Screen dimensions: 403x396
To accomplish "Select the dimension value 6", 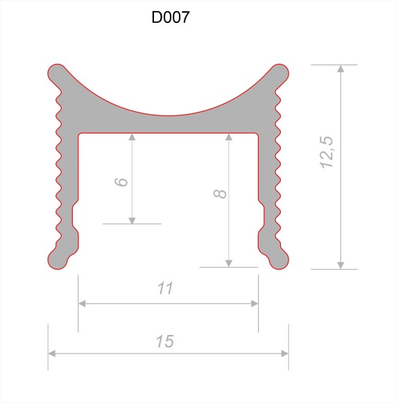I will (121, 181).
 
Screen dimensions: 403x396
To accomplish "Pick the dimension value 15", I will (164, 341).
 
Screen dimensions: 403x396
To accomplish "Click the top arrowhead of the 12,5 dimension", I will (340, 69).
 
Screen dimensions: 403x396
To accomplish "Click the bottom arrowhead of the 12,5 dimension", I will (340, 264).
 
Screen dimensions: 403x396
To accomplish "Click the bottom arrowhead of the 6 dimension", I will (132, 220).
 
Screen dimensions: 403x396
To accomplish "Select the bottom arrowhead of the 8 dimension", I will (228, 262).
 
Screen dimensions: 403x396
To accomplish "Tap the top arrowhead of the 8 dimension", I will (228, 136).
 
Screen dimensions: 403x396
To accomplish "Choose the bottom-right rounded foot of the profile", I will (279, 259).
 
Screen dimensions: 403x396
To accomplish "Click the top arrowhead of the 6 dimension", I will (132, 136).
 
